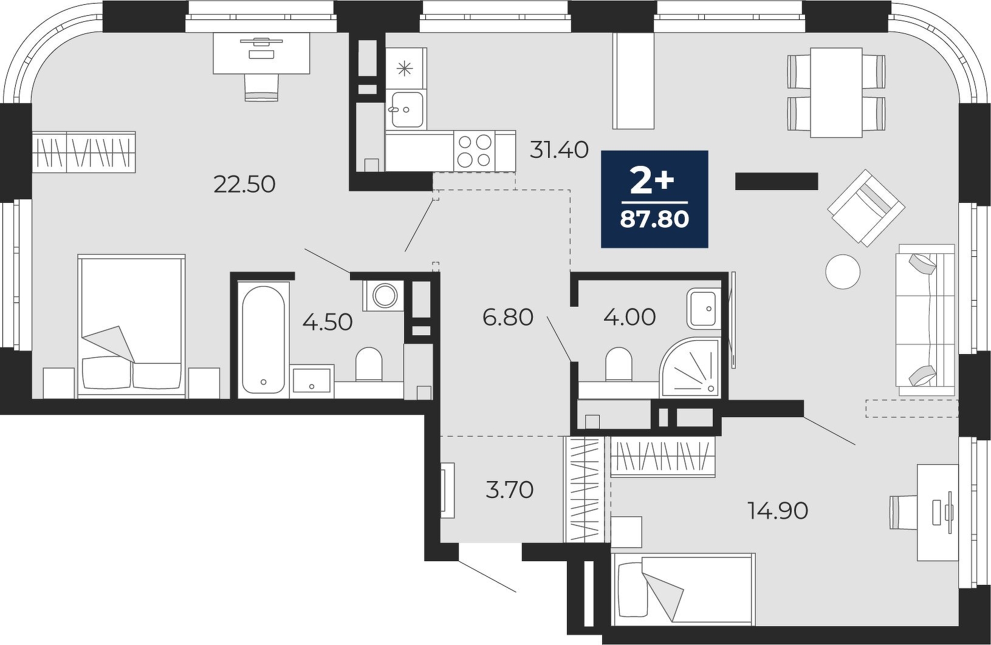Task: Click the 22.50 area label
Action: point(245,185)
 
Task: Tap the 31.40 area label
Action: point(559,150)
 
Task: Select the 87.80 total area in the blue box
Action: point(655,219)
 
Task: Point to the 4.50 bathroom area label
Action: point(327,322)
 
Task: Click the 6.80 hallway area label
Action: point(508,318)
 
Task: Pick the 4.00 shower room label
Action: point(629,318)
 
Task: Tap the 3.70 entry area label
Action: point(510,490)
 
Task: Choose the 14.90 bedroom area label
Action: point(778,511)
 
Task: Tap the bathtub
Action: point(263,339)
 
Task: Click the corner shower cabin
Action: point(690,367)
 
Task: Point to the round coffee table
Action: point(843,272)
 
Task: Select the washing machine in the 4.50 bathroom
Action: point(383,295)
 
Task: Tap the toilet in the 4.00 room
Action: point(618,364)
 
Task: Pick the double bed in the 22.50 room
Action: point(131,326)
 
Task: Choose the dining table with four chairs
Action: point(836,92)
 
